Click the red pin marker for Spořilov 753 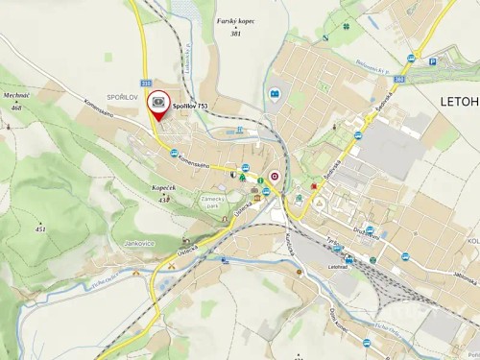point(157,102)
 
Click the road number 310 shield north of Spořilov point(146,83)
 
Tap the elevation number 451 point(39,229)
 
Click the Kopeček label point(162,187)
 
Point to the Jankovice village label point(140,244)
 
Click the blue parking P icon point(433,61)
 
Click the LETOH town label point(459,101)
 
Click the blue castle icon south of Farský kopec point(275,94)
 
